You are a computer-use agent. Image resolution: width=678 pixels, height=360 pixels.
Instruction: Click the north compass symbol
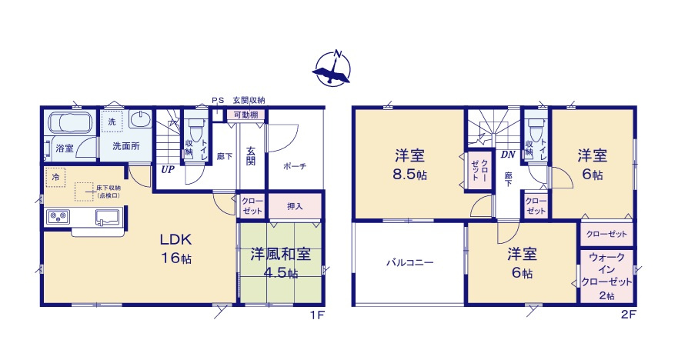coord(332,68)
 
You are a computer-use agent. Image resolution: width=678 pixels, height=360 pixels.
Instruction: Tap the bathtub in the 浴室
coord(70,123)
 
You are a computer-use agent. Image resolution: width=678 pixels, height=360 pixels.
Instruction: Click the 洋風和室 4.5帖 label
coord(280,263)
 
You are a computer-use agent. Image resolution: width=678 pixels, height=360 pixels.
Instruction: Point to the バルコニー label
coord(409,262)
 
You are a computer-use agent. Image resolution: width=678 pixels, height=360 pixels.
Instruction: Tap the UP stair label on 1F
coord(167,170)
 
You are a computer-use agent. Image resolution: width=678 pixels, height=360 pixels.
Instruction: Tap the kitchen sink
coord(107,218)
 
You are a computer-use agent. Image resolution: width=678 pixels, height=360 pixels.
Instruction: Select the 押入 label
coord(295,206)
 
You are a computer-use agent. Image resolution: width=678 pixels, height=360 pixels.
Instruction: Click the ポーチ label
coord(295,166)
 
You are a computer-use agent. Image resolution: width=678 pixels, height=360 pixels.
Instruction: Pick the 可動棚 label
coord(245,115)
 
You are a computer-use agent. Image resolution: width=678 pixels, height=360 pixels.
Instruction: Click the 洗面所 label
coord(125,146)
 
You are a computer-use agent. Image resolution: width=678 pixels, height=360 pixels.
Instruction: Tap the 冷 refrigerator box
coord(55,178)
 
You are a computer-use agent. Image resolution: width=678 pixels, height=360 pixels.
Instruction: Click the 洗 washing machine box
coord(112,122)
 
